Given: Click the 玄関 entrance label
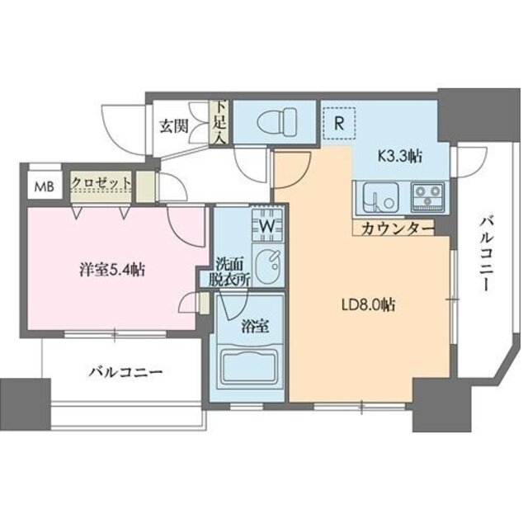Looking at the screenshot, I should click(173, 126).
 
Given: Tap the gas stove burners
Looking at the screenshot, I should click(426, 196).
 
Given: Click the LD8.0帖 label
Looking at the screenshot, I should click(370, 304).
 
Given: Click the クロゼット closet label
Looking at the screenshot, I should click(101, 182).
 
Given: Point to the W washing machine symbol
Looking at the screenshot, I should click(267, 223).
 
